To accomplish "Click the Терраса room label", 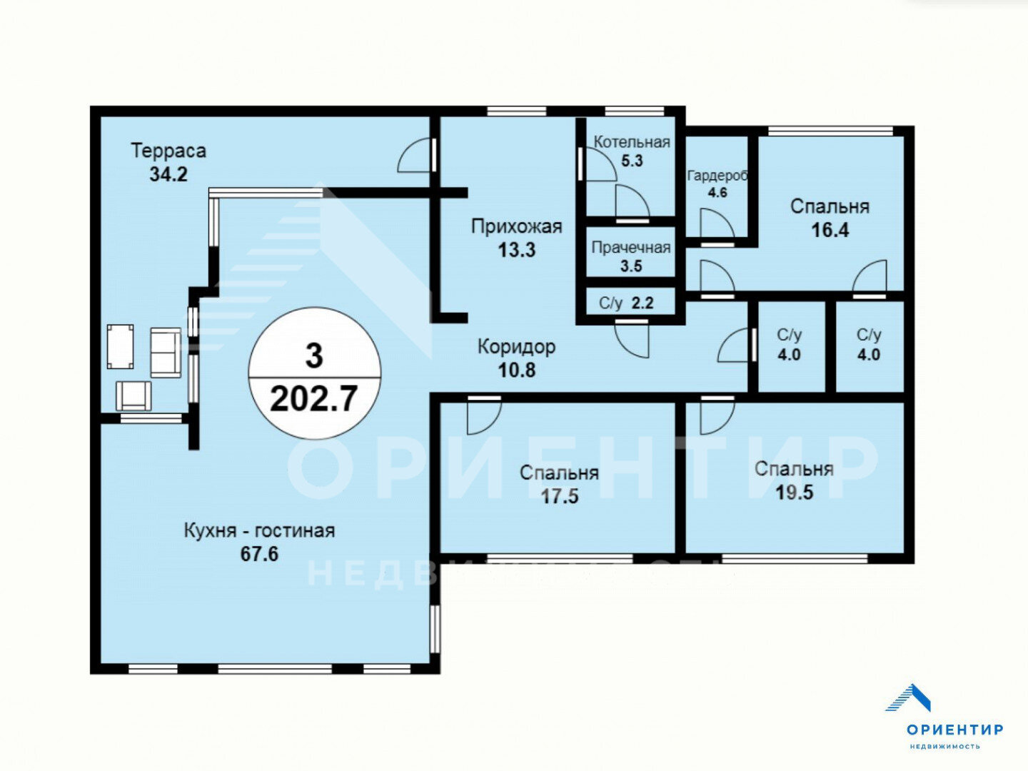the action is (168, 151).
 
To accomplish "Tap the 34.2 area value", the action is (168, 174).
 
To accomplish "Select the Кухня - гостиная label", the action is (259, 531).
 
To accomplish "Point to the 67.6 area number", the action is (259, 554).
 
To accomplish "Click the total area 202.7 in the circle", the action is (314, 399).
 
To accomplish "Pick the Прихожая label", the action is (517, 226).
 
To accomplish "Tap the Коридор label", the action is (517, 348).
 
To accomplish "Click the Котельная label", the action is (632, 142).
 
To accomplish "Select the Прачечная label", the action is (631, 248).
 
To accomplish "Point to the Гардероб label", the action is (717, 176).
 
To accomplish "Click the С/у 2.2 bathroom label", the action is (626, 303).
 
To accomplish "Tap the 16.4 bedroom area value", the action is (830, 231).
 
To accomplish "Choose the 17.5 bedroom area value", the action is (560, 496).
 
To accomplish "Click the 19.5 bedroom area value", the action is (795, 493).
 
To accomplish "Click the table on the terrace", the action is (121, 347).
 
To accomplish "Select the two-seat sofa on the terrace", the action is (166, 353).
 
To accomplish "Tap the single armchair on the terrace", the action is (134, 395).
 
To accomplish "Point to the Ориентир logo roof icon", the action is (909, 698).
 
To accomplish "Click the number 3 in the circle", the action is (314, 356).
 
